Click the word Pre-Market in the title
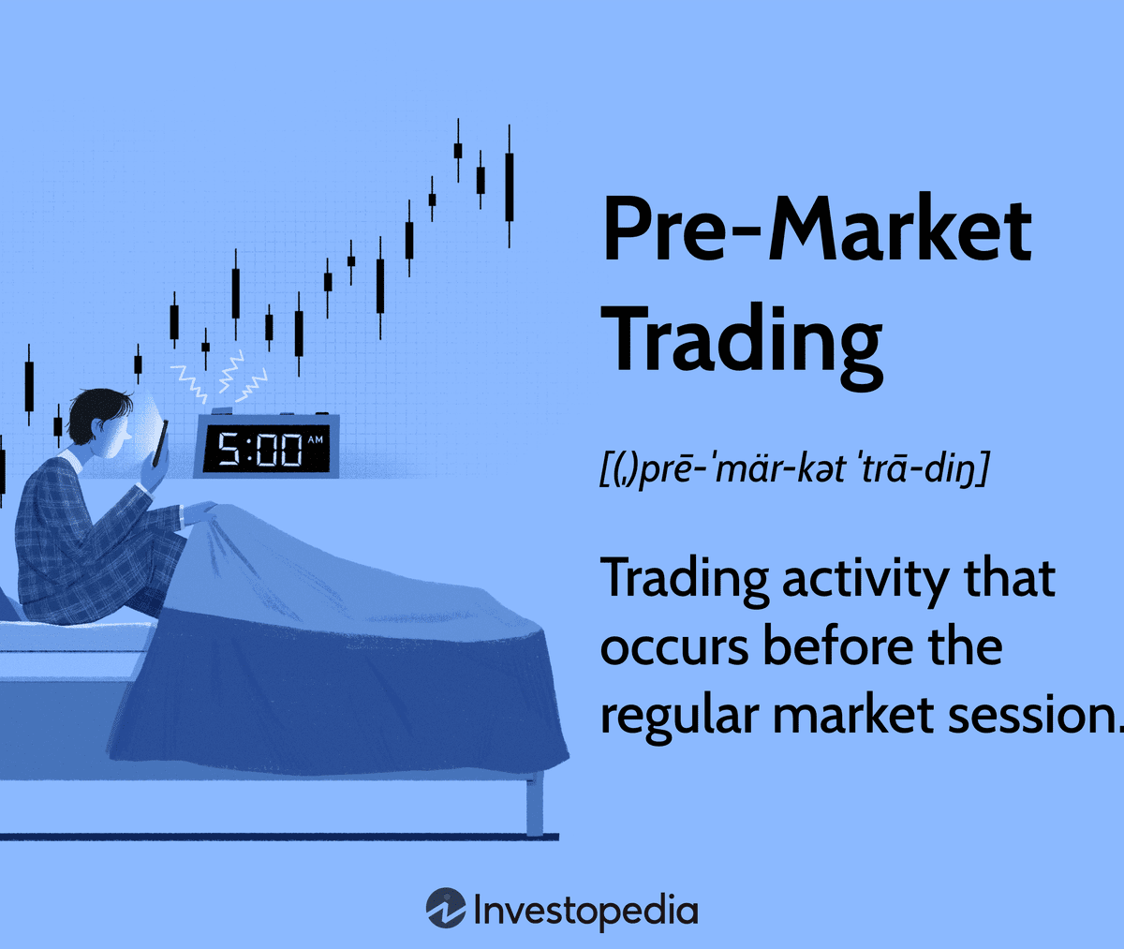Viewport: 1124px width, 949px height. coord(817,229)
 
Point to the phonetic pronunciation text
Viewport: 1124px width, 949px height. coord(793,470)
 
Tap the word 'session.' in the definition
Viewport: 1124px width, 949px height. coord(1035,715)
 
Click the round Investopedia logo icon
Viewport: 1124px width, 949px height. coord(446,908)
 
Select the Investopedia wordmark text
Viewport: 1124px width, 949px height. coord(585,912)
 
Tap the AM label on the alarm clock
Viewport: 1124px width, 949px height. coord(315,439)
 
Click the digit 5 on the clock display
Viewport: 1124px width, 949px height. coord(229,448)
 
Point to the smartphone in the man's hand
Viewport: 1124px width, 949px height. coord(160,443)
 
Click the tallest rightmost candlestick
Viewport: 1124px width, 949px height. coord(510,186)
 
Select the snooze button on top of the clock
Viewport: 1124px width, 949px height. coord(222,411)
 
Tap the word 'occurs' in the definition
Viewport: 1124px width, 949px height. coord(674,649)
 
